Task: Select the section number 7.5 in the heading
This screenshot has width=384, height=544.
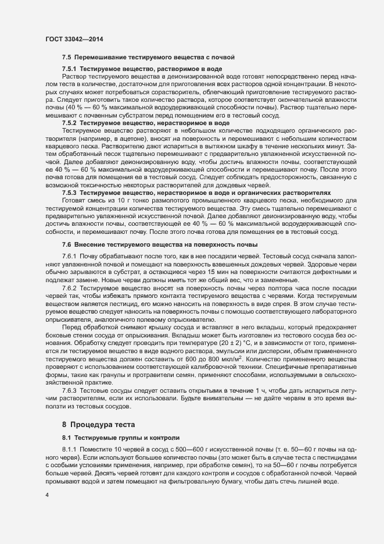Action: tap(66, 57)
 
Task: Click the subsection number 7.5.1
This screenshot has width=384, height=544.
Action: tap(69, 69)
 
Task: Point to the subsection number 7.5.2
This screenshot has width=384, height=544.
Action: tap(69, 123)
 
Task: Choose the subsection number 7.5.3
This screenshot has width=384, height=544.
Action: tap(69, 191)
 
